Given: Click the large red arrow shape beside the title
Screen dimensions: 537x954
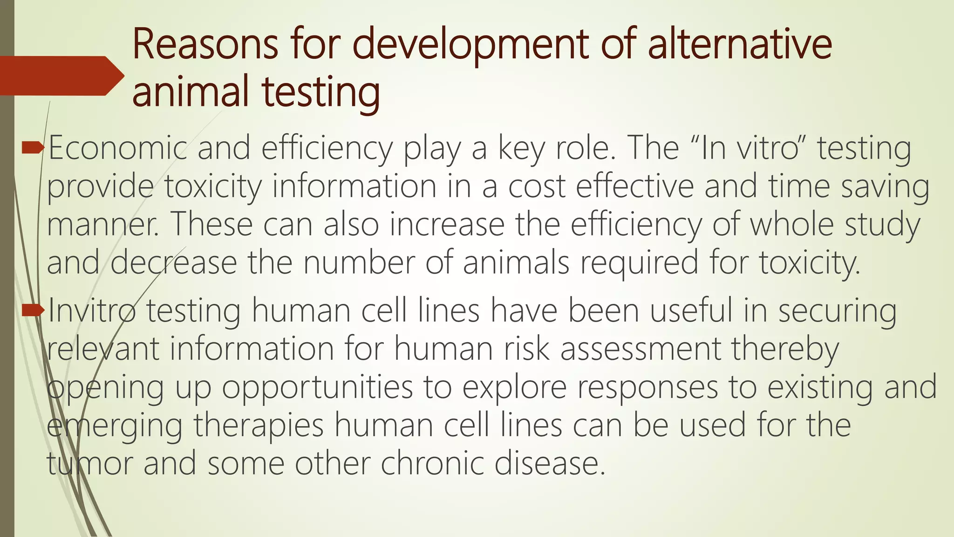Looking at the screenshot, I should [61, 76].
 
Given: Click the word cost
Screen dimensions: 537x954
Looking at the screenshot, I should [536, 186].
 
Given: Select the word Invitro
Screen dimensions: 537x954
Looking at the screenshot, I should [91, 310].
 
